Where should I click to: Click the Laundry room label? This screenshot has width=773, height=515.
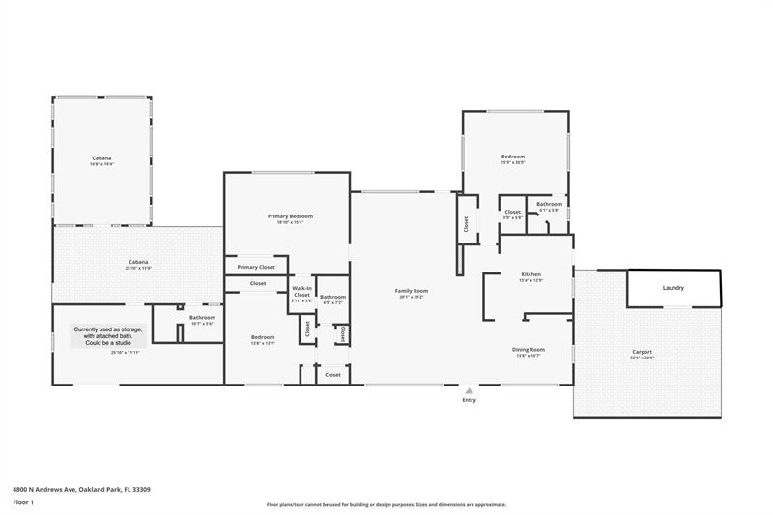673,288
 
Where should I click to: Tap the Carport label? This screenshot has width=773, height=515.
643,352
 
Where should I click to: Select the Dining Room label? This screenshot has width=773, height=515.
529,349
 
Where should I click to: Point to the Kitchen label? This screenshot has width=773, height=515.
531,274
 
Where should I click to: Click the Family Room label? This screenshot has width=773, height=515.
411,291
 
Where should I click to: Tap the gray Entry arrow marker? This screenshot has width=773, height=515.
470,390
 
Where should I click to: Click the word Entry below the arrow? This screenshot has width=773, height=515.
470,400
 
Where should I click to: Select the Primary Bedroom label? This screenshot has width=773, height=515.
290,216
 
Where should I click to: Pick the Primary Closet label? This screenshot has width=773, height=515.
256,267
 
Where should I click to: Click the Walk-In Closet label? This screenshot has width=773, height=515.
302,292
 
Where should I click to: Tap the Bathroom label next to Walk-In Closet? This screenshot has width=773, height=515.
333,297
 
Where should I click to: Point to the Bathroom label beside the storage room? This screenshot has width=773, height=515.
202,317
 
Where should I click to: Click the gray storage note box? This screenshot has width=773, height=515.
107,335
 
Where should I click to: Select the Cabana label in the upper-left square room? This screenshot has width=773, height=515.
101,158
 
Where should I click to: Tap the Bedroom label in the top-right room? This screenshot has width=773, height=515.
512,157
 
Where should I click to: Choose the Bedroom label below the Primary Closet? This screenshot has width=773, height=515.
264,337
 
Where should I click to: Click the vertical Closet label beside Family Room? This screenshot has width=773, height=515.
466,223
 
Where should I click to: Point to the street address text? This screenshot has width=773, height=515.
81,490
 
